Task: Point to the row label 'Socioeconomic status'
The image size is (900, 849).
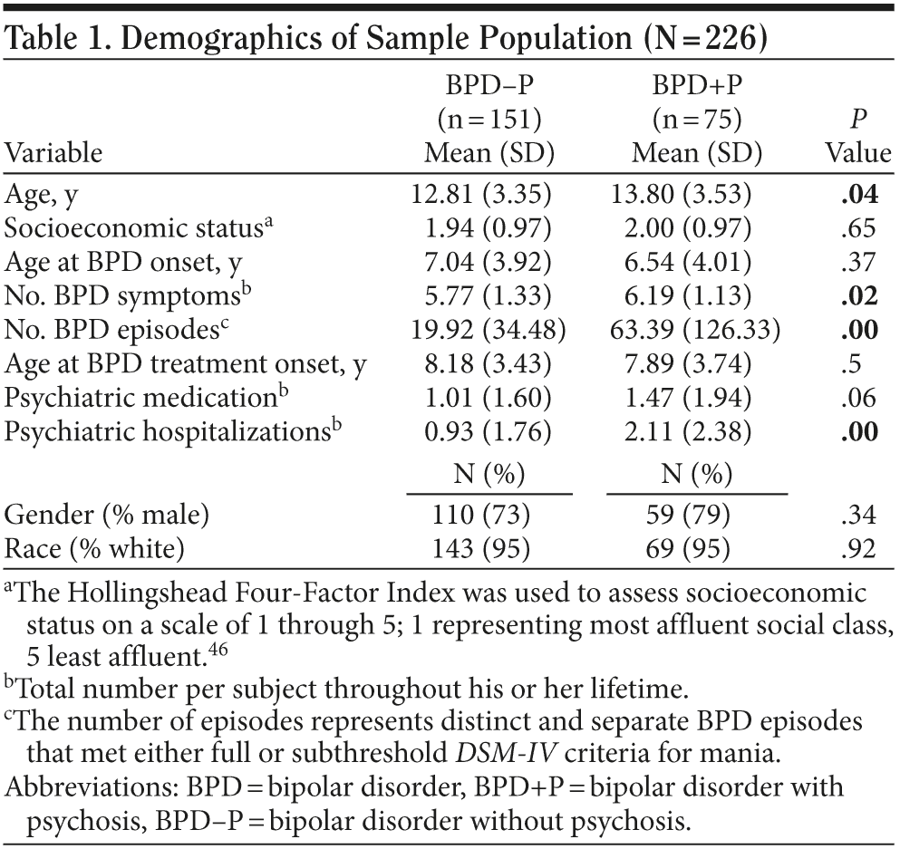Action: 137,227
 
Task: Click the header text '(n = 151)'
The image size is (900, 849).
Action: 489,119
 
